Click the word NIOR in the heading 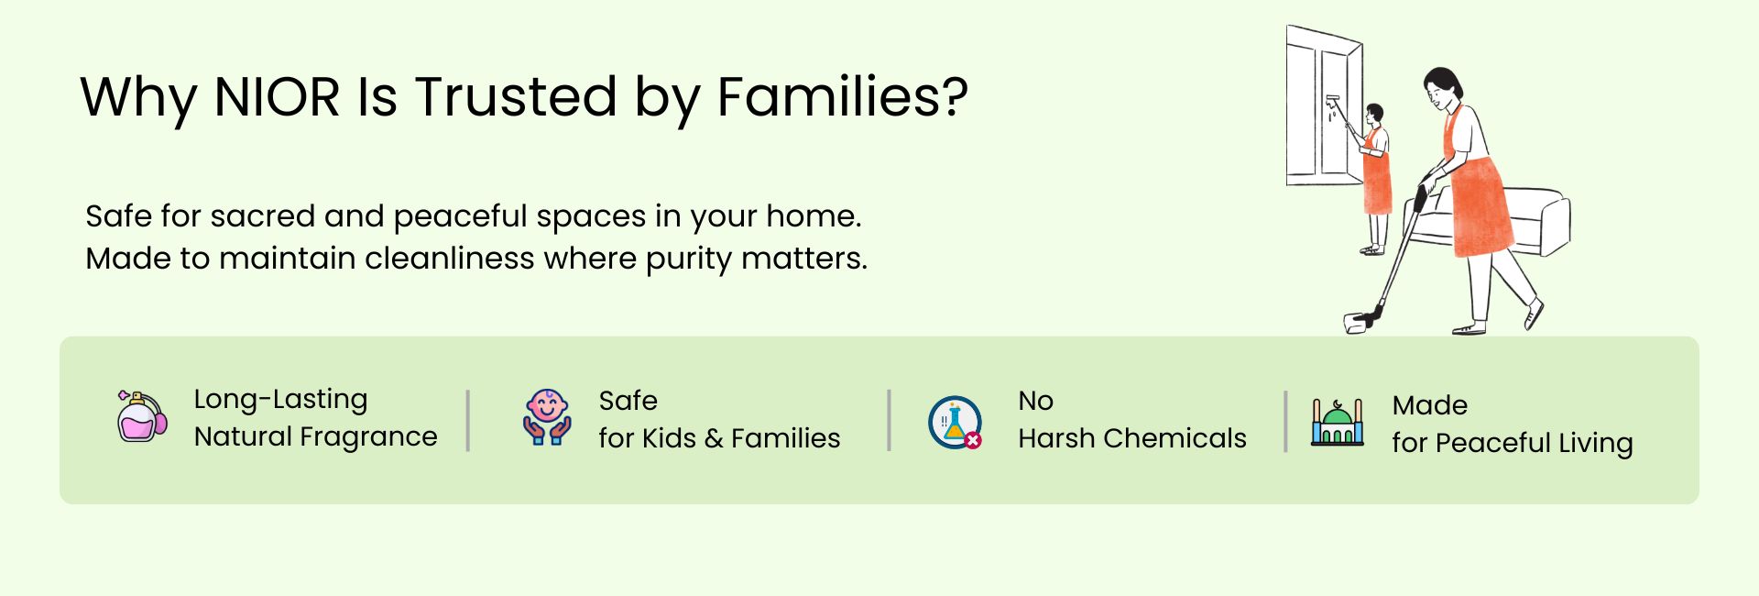(277, 96)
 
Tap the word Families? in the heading (842, 96)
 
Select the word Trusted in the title (517, 96)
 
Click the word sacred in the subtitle (258, 216)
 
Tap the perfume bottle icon (142, 416)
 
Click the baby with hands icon (547, 417)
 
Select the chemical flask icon (955, 423)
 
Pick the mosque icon (1338, 423)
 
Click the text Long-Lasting (280, 400)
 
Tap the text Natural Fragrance (316, 437)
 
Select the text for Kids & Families (719, 438)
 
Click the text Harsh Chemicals (1132, 438)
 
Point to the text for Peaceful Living (1513, 444)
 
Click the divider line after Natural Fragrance (468, 421)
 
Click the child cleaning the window (1374, 179)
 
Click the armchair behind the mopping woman (1521, 220)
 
